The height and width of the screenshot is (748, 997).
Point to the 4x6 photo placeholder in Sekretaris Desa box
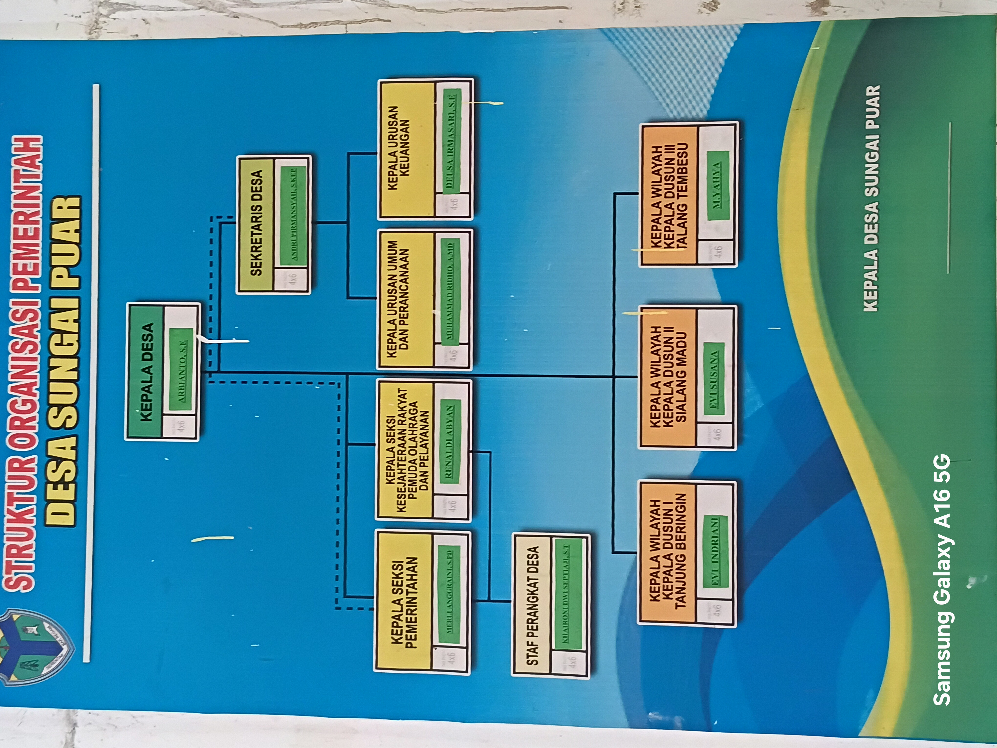292,279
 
